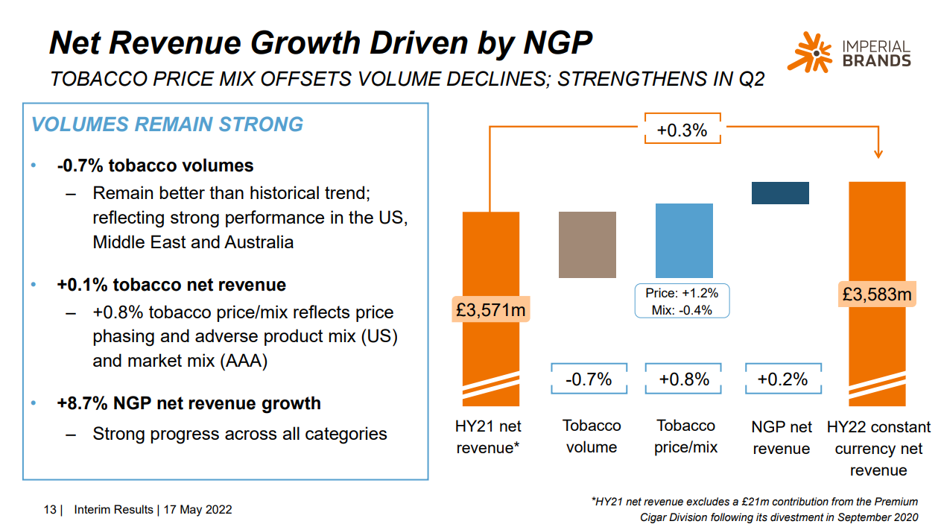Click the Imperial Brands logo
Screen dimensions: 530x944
[849, 52]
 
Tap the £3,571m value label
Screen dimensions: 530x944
[490, 309]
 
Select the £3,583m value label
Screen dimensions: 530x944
[877, 294]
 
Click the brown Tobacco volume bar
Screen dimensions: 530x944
[587, 245]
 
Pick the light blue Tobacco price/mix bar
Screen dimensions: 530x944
[684, 240]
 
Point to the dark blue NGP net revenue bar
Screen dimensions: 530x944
[780, 193]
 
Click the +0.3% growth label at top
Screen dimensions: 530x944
[682, 131]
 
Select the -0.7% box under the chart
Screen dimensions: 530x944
[589, 379]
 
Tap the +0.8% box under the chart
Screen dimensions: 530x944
[684, 379]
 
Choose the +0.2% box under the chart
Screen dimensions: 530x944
[782, 379]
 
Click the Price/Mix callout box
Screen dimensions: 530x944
[682, 301]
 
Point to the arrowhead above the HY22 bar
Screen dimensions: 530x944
[878, 153]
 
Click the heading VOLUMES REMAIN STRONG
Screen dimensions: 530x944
[167, 124]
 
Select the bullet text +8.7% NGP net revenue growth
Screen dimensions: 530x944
[189, 403]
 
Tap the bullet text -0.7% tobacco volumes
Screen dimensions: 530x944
[155, 165]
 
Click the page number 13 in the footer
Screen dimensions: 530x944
[50, 510]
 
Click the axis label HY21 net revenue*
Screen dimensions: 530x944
[488, 437]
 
